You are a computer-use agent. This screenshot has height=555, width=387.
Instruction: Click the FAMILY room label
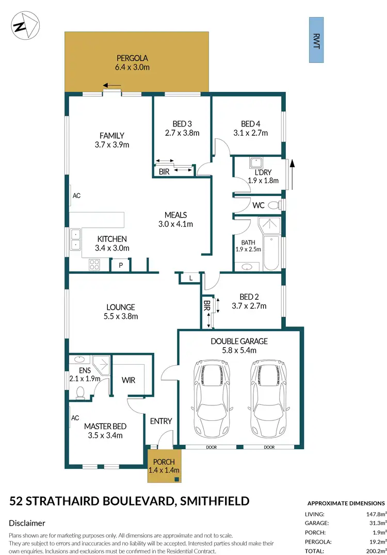[x=111, y=136]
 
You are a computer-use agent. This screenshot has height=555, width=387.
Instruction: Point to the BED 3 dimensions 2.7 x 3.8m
[x=182, y=133]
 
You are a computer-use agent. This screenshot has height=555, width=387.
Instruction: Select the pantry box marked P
[x=120, y=265]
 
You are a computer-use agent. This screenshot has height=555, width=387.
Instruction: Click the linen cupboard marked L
[x=190, y=279]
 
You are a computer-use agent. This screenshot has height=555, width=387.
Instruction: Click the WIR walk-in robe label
[x=128, y=380]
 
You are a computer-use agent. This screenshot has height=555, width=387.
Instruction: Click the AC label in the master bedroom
[x=74, y=418]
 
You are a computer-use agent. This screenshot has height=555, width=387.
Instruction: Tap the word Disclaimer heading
[x=27, y=523]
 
